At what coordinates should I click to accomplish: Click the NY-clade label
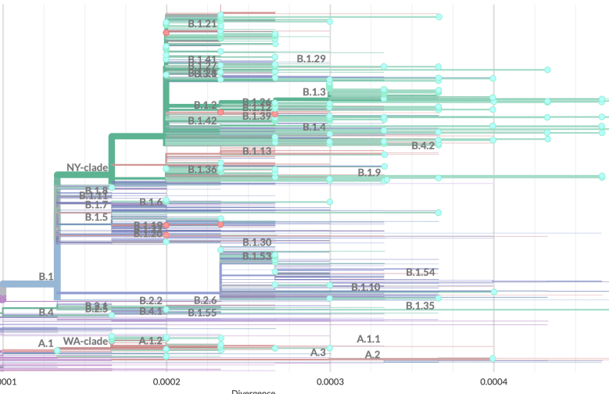point(88,167)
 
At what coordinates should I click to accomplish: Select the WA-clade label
point(85,341)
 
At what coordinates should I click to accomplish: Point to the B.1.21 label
point(202,24)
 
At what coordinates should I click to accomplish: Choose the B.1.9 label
point(369,172)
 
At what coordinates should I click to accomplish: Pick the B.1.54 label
point(420,272)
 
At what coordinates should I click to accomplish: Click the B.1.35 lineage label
point(420,305)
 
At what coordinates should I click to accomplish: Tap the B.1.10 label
point(365,288)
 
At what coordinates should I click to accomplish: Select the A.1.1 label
point(368,338)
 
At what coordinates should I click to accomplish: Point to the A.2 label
point(373,355)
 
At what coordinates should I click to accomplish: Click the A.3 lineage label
point(317,353)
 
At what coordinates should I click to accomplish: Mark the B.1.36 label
point(202,170)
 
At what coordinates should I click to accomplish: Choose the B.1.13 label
point(257,151)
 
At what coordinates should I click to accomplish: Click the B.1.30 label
point(257,242)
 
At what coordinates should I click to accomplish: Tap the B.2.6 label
point(205,301)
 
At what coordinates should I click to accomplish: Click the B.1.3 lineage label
point(314,92)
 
